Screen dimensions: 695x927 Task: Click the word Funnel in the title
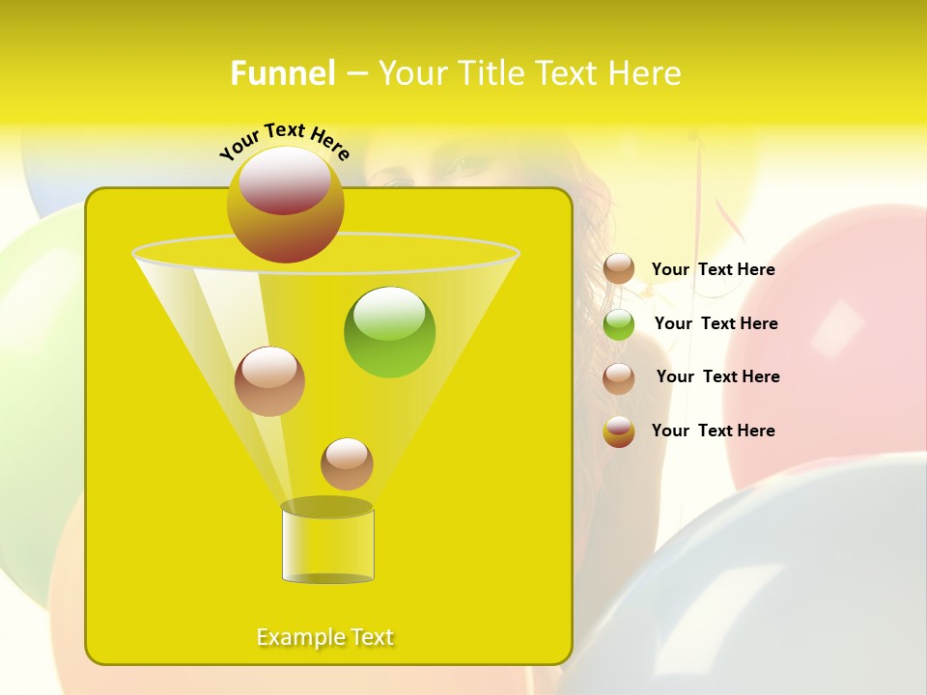[283, 73]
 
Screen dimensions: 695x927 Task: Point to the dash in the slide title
[355, 73]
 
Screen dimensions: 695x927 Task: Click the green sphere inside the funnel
[389, 332]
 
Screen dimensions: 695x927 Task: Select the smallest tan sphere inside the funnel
[347, 463]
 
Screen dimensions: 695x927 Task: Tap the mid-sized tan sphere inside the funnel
[269, 381]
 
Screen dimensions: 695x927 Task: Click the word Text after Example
[371, 637]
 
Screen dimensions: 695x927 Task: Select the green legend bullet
[619, 324]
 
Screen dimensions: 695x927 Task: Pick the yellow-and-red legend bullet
[619, 431]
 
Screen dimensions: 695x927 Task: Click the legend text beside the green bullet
[716, 323]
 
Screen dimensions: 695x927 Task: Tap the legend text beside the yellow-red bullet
[713, 431]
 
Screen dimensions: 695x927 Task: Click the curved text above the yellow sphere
[285, 140]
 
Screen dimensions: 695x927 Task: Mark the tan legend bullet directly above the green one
[619, 269]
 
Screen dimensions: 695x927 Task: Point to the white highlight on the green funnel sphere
[389, 311]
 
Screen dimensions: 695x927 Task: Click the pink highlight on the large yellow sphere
[284, 181]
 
